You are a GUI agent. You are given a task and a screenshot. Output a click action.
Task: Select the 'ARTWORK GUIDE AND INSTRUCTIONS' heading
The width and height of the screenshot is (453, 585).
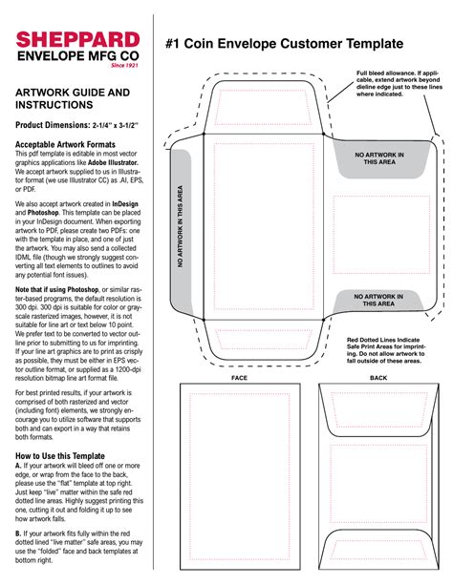tap(72, 99)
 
